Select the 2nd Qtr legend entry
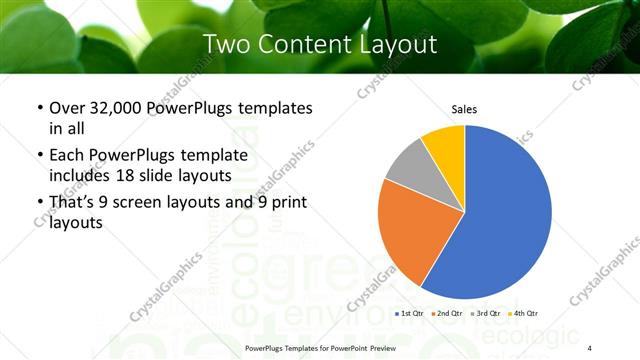(x=448, y=314)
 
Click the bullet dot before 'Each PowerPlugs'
(x=39, y=155)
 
